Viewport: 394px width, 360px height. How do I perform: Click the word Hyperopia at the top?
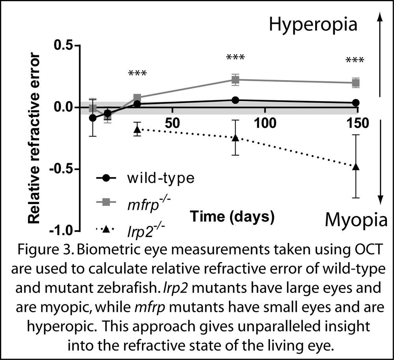(313, 25)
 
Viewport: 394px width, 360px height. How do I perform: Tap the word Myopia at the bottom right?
(355, 219)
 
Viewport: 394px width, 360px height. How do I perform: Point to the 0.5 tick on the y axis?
(65, 45)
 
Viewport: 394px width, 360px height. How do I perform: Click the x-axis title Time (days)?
(232, 216)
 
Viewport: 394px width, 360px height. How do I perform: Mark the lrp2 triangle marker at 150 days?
(356, 166)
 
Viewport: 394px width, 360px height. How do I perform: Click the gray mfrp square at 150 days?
(356, 83)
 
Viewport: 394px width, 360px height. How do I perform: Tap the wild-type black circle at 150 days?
(356, 103)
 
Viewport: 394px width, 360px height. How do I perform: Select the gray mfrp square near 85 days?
(236, 80)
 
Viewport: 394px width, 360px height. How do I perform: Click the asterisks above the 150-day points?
(355, 60)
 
